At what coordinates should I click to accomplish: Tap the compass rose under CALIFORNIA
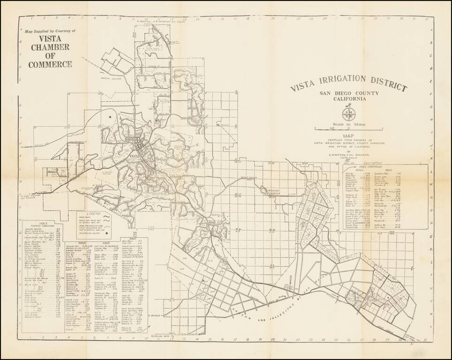point(348,113)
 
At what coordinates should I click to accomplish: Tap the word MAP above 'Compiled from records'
point(349,137)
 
